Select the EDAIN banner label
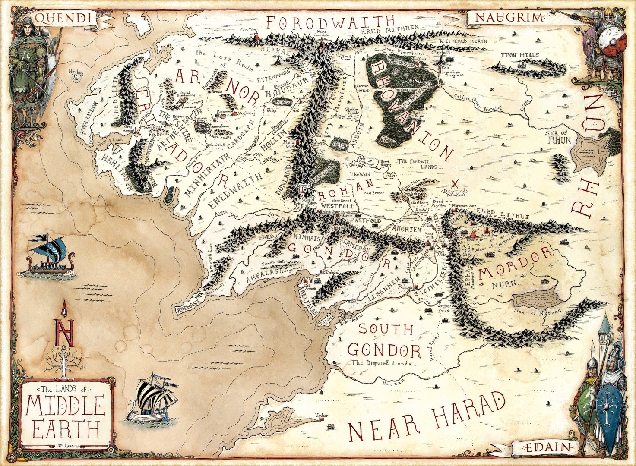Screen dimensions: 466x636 click(545, 448)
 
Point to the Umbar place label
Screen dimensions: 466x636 click(321, 415)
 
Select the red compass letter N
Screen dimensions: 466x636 click(63, 332)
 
